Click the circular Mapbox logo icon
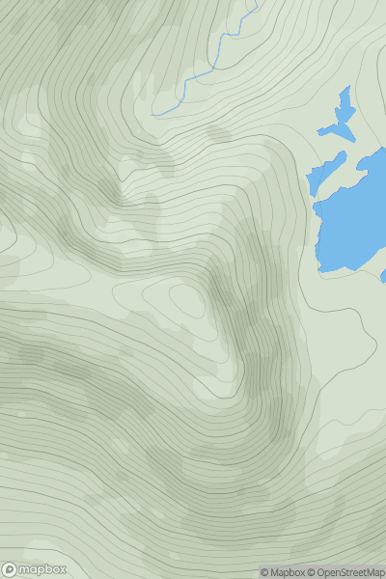pyautogui.click(x=10, y=569)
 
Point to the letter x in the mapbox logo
pyautogui.click(x=62, y=569)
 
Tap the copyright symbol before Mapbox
pyautogui.click(x=264, y=573)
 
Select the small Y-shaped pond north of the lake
pyautogui.click(x=339, y=119)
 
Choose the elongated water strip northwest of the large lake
pyautogui.click(x=325, y=175)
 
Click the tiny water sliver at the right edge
pyautogui.click(x=383, y=276)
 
